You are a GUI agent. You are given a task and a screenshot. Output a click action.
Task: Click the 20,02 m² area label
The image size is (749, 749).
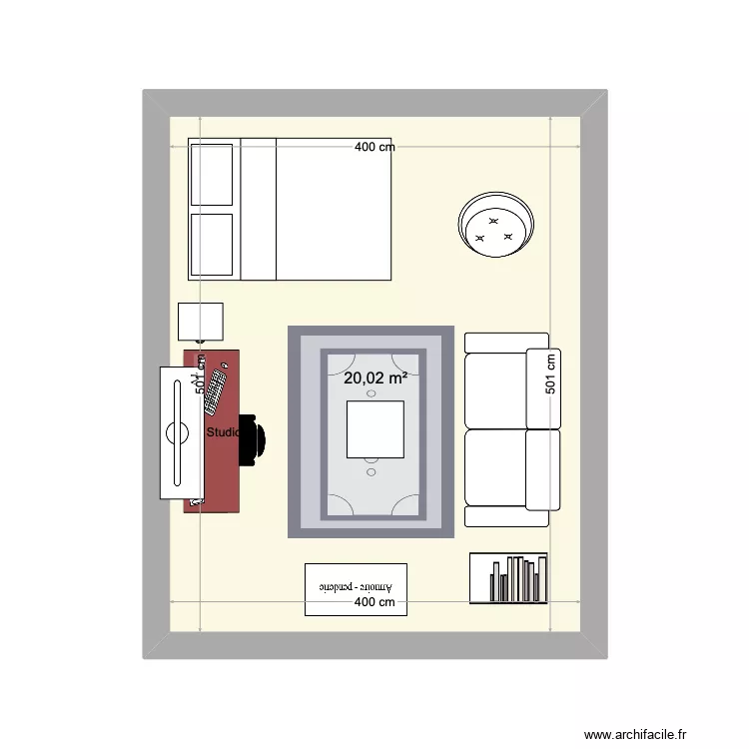374,378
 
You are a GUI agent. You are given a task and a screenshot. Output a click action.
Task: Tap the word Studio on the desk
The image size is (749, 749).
222,433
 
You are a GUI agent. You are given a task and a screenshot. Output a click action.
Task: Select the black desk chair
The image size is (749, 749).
254,439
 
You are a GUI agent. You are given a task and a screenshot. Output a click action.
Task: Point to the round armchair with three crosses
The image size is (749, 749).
495,225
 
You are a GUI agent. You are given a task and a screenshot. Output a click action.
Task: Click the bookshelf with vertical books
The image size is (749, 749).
508,578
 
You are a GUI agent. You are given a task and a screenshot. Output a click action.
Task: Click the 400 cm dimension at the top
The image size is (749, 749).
374,147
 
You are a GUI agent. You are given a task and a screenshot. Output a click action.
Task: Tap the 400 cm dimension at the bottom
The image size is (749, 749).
374,602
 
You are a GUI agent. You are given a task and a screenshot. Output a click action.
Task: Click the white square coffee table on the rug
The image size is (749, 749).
374,429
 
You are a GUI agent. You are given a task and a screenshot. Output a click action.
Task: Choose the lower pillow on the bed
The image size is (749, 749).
211,244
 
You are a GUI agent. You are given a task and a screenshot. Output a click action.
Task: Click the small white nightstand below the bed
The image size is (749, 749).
201,322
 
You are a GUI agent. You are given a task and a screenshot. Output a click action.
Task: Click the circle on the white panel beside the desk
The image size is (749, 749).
177,433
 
